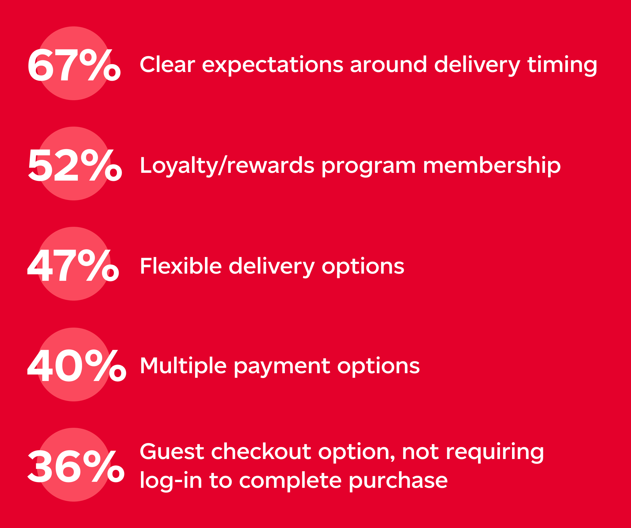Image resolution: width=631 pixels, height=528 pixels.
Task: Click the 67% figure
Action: tap(74, 65)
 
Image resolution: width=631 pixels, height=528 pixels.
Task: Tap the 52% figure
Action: tap(75, 165)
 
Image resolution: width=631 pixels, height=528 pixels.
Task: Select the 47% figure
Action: tap(73, 265)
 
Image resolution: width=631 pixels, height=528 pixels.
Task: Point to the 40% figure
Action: tap(77, 365)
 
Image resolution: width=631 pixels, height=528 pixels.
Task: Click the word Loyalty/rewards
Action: tap(227, 166)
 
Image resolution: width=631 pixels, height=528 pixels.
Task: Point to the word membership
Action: tap(492, 166)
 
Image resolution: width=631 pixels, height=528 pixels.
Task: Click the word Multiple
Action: tap(183, 366)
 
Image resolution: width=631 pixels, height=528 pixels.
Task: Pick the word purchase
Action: tap(398, 481)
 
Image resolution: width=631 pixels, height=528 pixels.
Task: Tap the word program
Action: tap(369, 167)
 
